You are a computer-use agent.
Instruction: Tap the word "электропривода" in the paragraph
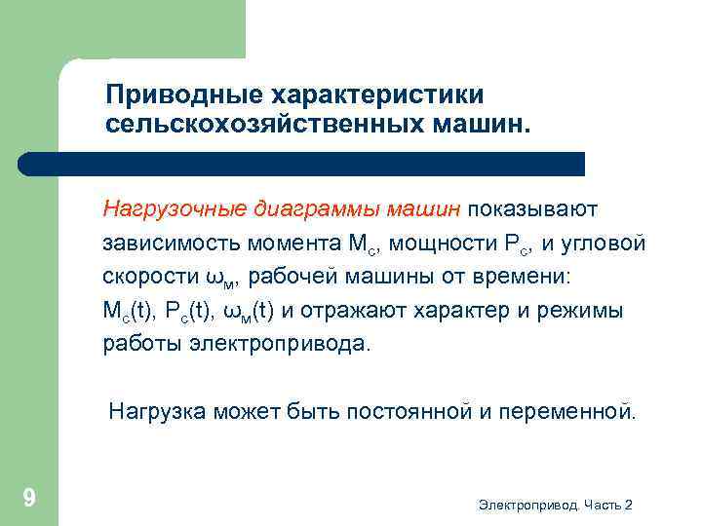[280, 345]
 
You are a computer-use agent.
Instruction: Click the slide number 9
[29, 499]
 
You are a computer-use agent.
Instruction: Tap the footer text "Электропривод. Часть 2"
[556, 505]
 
